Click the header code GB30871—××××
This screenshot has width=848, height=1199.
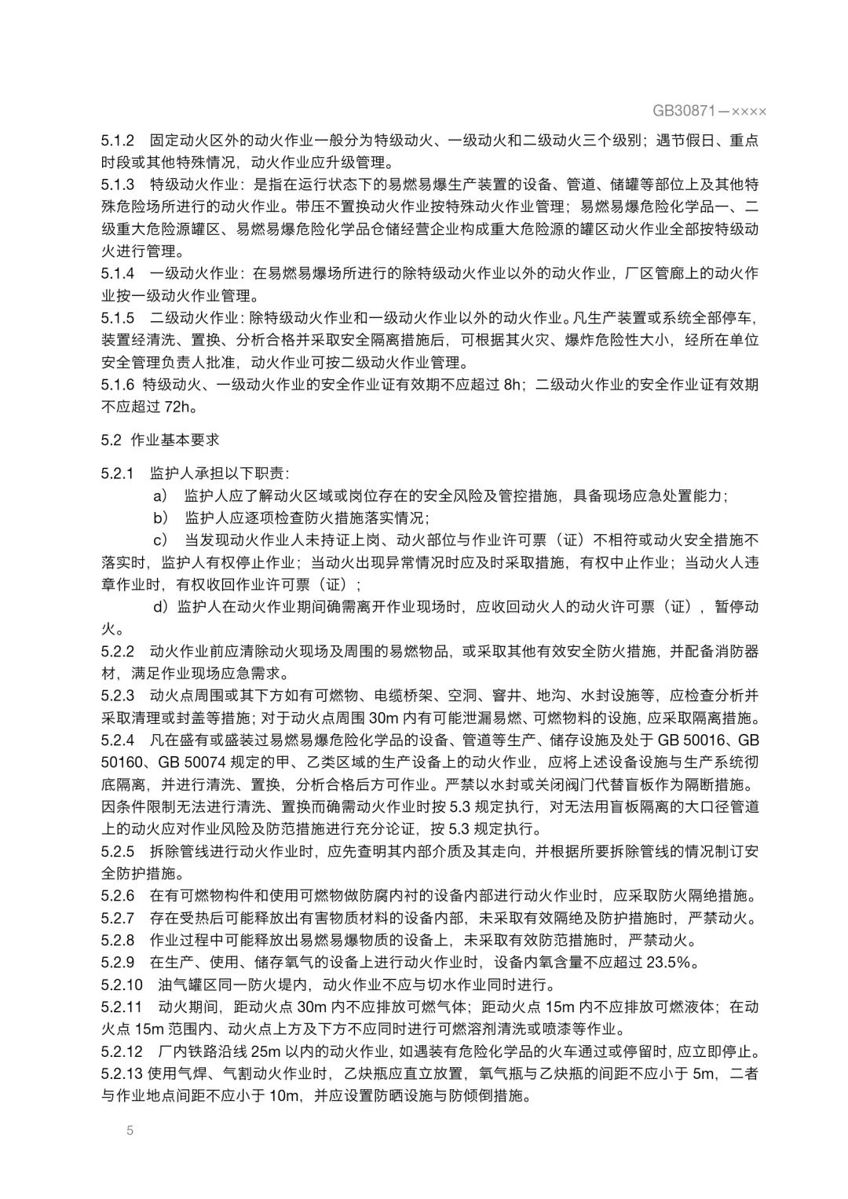coord(709,111)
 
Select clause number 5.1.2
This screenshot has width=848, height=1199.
coord(117,141)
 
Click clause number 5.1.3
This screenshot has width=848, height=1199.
coord(117,185)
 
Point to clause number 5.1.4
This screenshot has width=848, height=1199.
coord(117,273)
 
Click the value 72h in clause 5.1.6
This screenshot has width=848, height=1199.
coord(177,407)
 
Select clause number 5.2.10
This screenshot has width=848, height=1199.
coord(122,985)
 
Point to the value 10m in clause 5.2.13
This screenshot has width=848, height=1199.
coord(284,1095)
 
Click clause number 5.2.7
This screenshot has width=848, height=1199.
coord(117,918)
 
